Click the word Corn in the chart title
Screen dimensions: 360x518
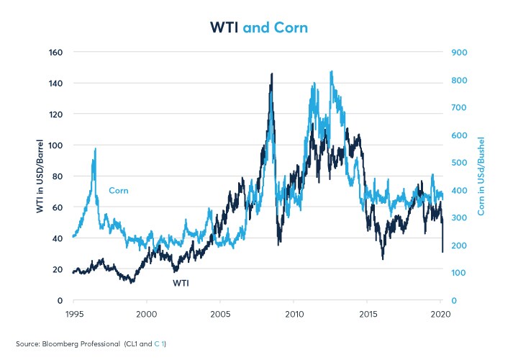pyautogui.click(x=291, y=27)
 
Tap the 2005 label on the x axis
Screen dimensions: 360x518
pyautogui.click(x=220, y=315)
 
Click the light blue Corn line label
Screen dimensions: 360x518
pyautogui.click(x=119, y=191)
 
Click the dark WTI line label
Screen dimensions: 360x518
pyautogui.click(x=181, y=284)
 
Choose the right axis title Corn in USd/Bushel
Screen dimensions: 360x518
pyautogui.click(x=480, y=176)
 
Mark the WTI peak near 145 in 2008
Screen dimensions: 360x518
pyautogui.click(x=271, y=73)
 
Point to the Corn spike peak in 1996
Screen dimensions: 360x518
pyautogui.click(x=95, y=148)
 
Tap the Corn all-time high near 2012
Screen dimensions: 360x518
pyautogui.click(x=331, y=71)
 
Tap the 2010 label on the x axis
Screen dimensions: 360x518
pyautogui.click(x=294, y=315)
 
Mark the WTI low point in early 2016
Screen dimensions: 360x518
pyautogui.click(x=383, y=258)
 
